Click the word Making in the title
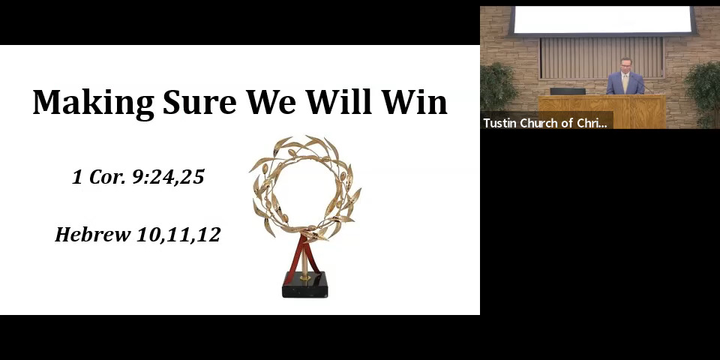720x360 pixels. click(x=94, y=103)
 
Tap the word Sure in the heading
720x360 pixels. click(x=199, y=102)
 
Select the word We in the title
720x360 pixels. click(x=271, y=102)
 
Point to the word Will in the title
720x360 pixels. click(x=339, y=101)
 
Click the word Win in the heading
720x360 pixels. click(x=414, y=102)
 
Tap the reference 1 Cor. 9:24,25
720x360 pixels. click(x=138, y=177)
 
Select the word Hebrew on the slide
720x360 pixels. click(x=93, y=234)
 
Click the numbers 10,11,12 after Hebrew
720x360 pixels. click(x=178, y=235)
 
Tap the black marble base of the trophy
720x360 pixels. click(x=304, y=285)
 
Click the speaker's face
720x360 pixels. click(x=625, y=66)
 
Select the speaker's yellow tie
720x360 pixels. click(x=625, y=82)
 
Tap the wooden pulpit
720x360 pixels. click(x=602, y=112)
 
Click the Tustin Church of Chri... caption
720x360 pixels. click(x=545, y=123)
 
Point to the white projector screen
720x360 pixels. click(x=602, y=20)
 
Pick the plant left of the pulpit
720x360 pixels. click(x=499, y=87)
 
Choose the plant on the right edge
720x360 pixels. click(x=703, y=94)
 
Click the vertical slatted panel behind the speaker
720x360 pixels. click(x=601, y=58)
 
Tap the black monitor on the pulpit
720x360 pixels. click(x=568, y=91)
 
